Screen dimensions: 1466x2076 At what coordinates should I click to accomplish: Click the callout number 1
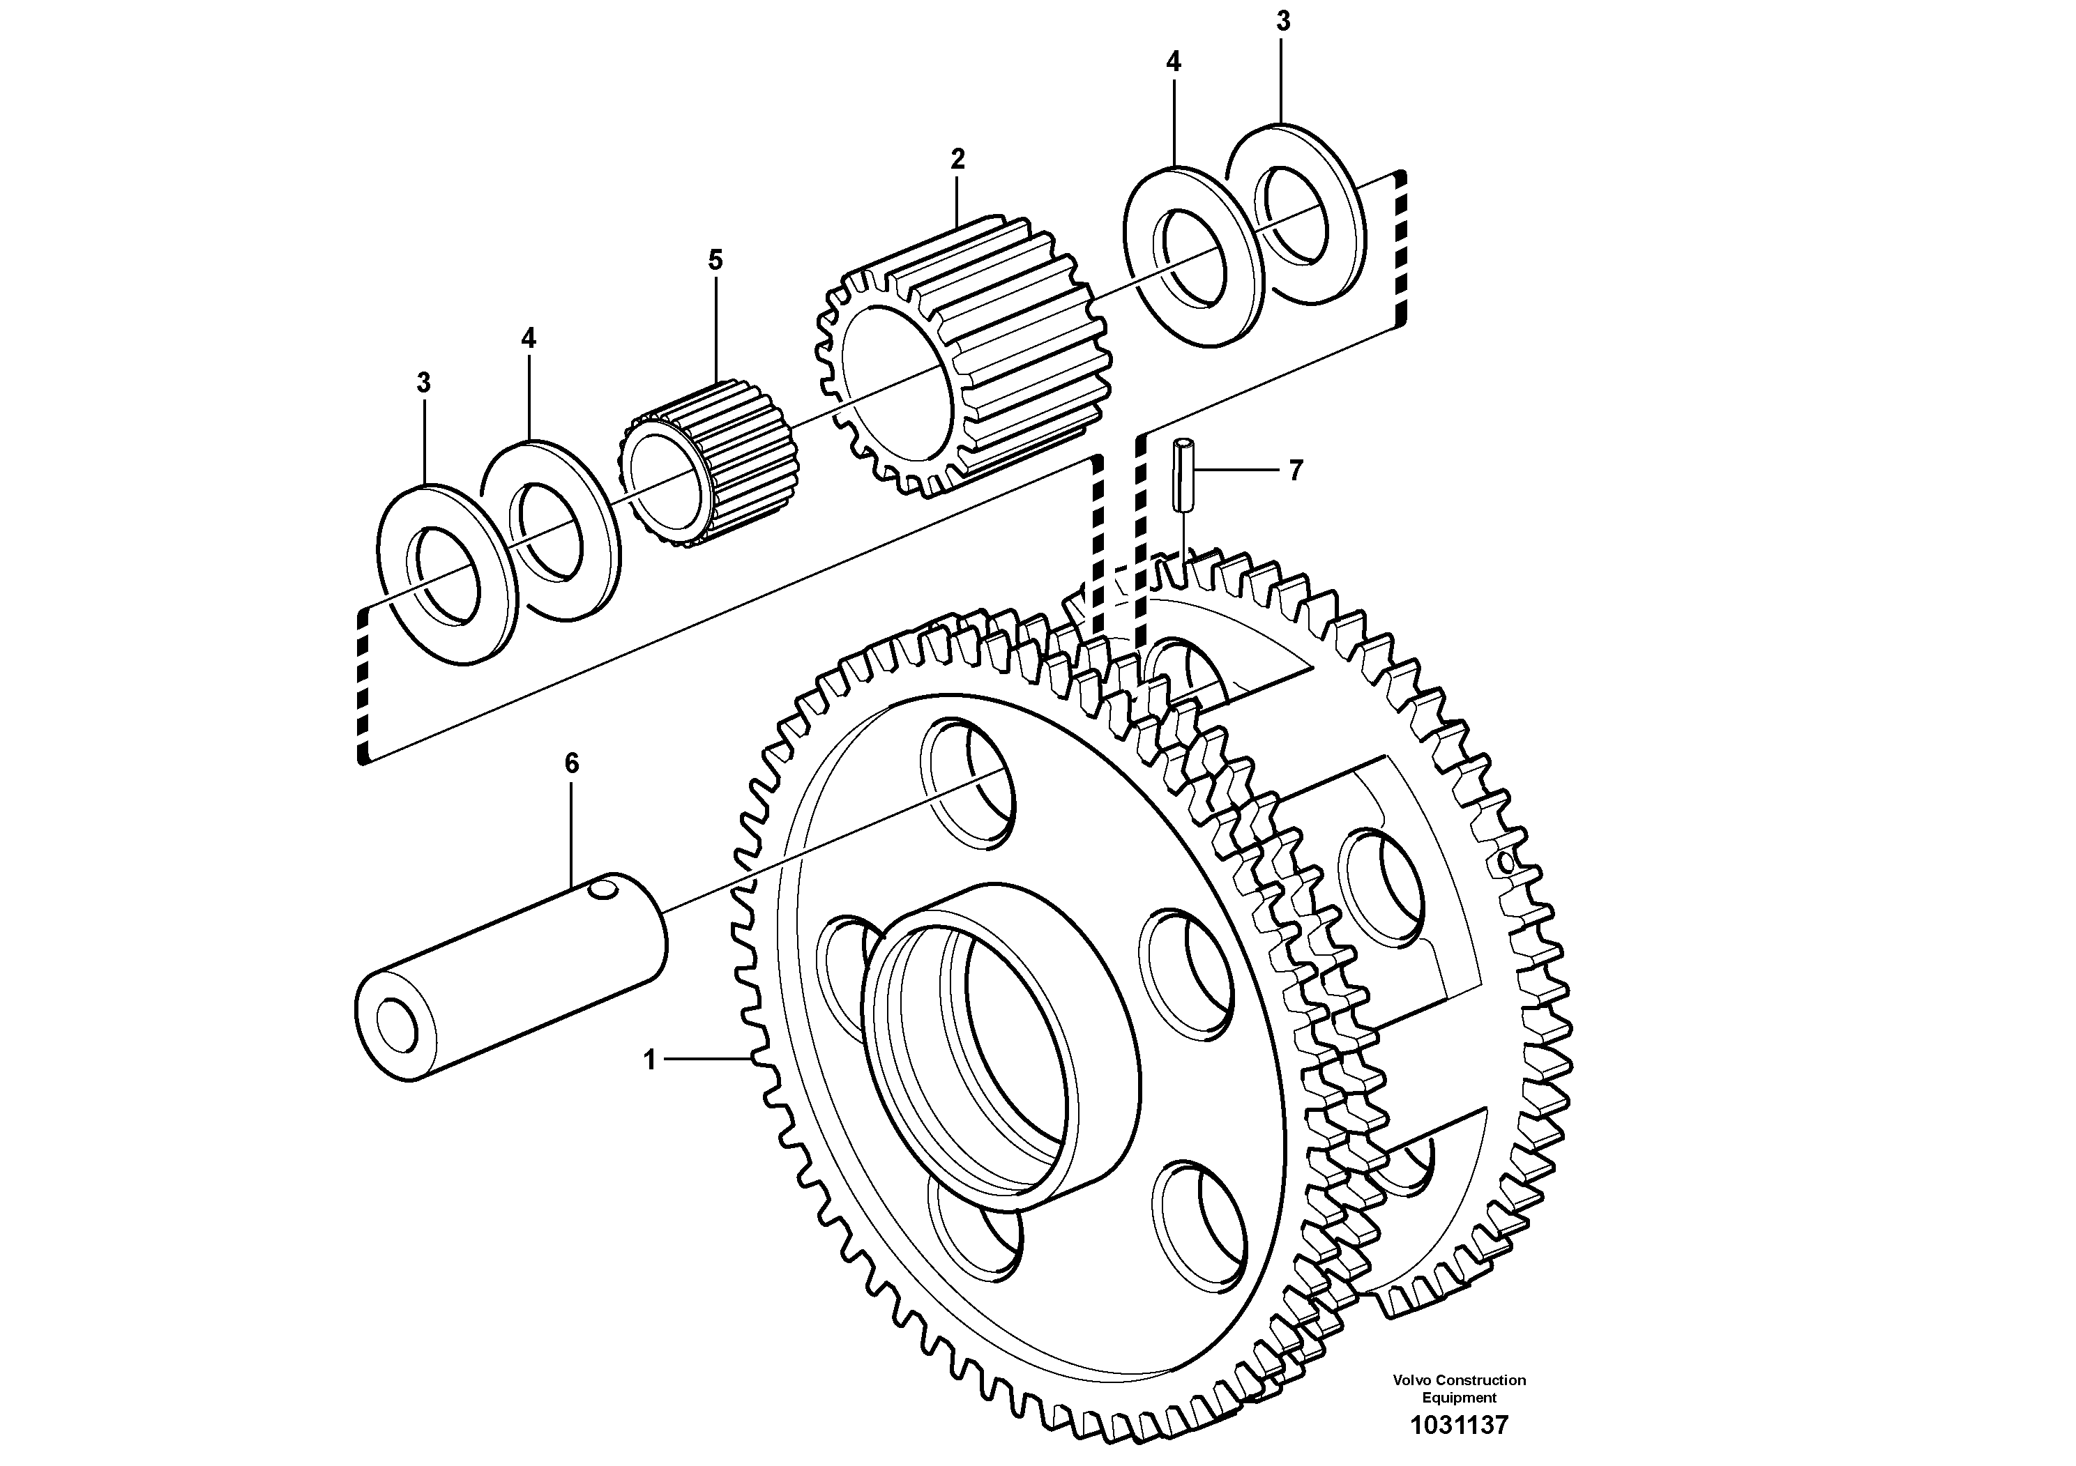(x=649, y=1060)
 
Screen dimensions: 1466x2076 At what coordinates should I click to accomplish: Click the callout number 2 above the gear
(x=957, y=160)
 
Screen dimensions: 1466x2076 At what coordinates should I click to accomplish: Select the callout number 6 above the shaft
(x=571, y=764)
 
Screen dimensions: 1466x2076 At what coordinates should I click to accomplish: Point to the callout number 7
(x=1296, y=470)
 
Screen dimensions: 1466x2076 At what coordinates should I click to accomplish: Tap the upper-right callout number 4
(x=1173, y=62)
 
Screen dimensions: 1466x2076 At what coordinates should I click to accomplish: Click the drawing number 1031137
(x=1460, y=1426)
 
